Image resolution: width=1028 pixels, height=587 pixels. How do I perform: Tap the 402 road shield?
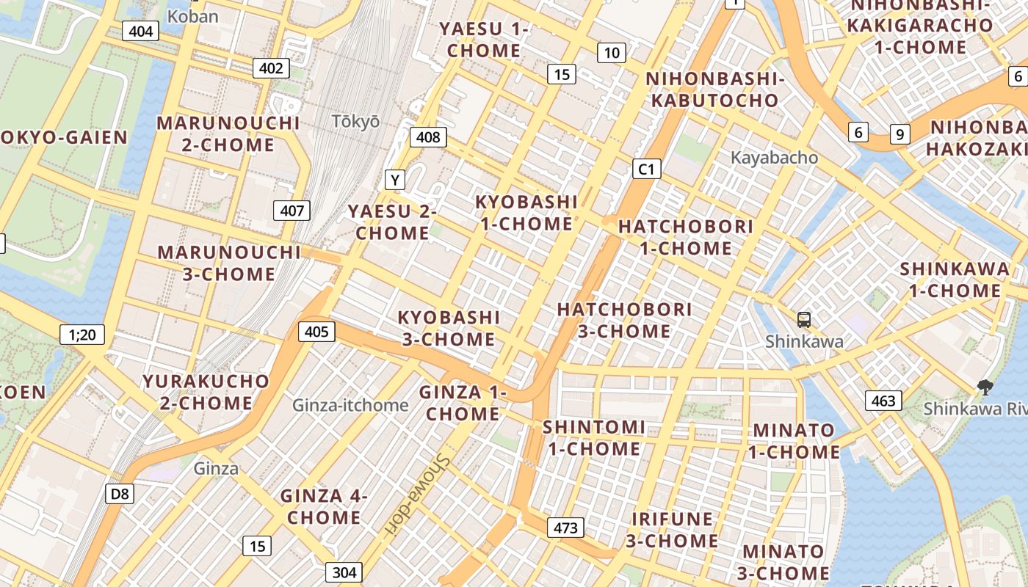point(271,68)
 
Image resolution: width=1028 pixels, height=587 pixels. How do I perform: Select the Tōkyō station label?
point(355,122)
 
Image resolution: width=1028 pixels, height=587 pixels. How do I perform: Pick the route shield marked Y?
point(395,179)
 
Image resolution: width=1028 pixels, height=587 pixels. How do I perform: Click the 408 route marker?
point(428,137)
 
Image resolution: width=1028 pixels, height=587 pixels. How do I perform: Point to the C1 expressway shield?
point(646,169)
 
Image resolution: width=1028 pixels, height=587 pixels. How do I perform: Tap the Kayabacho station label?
point(774,158)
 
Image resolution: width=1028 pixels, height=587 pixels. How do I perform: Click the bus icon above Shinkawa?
point(804,320)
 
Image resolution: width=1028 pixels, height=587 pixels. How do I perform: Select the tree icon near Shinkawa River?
point(985,387)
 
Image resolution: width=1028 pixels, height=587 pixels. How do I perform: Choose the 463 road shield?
point(883,401)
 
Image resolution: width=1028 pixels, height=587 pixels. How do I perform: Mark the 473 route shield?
point(565,528)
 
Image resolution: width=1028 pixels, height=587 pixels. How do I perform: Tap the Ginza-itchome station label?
point(350,405)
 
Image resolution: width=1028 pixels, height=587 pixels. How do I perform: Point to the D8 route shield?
point(120,494)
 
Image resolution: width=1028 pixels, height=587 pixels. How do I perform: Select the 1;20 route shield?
point(82,335)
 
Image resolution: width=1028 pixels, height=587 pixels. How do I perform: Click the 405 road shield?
point(316,332)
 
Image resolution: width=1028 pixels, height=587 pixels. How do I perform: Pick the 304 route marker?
point(344,572)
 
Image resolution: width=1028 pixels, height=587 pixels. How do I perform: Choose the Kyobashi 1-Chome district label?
point(525,213)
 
